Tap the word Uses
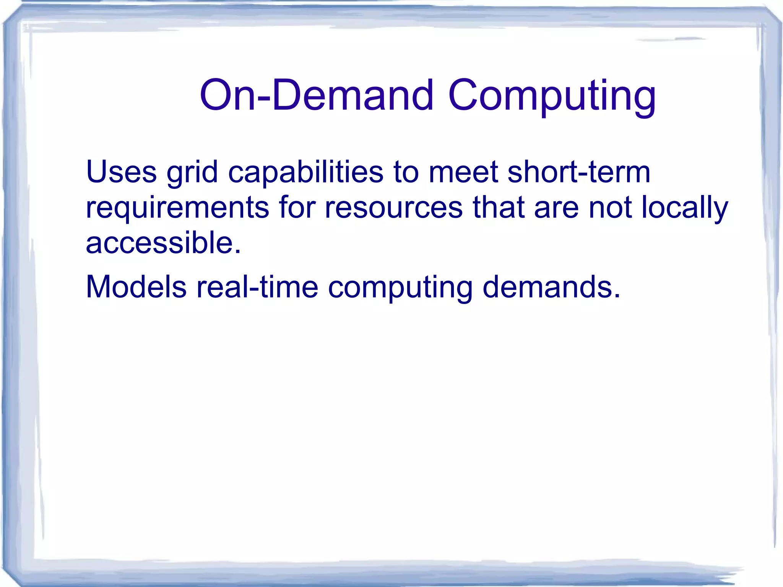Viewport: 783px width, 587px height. [122, 172]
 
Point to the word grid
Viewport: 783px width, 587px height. [192, 173]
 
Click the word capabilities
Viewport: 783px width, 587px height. [305, 173]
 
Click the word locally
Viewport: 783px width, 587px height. [685, 208]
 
